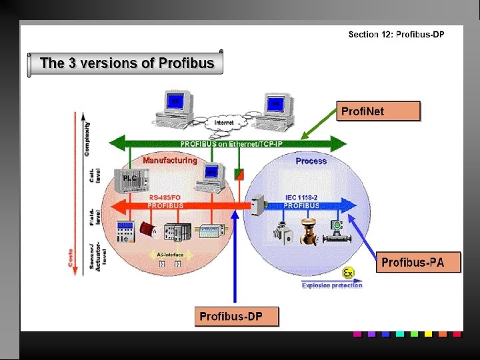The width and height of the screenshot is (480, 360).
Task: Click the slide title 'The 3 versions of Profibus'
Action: [127, 64]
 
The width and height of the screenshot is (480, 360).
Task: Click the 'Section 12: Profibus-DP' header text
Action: [396, 34]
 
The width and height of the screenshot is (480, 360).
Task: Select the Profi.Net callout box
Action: [379, 111]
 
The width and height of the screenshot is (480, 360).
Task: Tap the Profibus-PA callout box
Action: [413, 263]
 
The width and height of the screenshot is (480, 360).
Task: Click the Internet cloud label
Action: [224, 123]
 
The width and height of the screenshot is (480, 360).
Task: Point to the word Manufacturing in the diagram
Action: [170, 160]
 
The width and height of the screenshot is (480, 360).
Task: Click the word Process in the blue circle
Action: [311, 161]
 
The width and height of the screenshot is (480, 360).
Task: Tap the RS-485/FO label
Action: [164, 197]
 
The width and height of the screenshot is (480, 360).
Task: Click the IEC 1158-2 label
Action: [301, 197]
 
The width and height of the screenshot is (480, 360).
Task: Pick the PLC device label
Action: [129, 179]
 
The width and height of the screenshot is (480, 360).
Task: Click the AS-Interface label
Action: [169, 255]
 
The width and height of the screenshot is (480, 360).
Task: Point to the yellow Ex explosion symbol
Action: [347, 273]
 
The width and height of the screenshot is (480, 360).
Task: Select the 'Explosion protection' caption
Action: [332, 285]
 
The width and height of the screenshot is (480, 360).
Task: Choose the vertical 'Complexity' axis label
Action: [87, 139]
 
